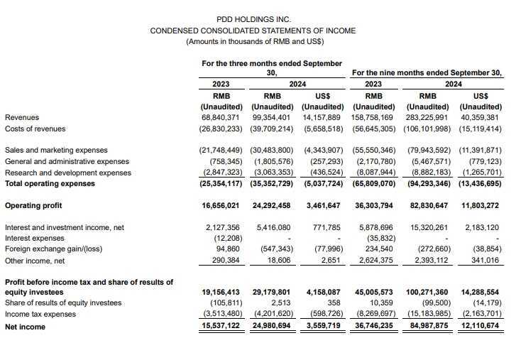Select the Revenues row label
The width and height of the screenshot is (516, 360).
[22, 117]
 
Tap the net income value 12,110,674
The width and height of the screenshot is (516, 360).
[481, 327]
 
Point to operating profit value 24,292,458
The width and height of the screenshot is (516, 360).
[271, 205]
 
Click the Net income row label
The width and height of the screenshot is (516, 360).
[25, 327]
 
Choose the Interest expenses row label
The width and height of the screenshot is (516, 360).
[35, 239]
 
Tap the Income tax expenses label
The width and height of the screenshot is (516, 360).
[40, 314]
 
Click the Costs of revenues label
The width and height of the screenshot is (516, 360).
[35, 129]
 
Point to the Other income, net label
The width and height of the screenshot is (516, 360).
[35, 261]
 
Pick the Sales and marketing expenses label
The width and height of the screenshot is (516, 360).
[56, 151]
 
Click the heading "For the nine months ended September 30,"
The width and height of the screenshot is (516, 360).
[427, 72]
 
